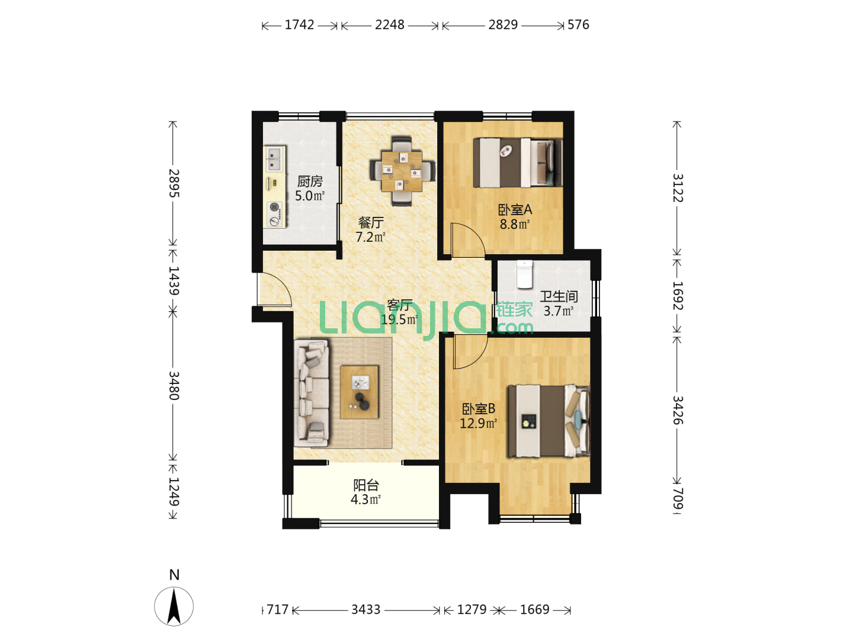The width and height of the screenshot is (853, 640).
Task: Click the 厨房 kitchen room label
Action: click(310, 181)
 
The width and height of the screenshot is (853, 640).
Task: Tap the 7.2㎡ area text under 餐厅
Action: click(370, 236)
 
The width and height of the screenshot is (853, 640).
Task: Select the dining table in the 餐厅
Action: click(402, 171)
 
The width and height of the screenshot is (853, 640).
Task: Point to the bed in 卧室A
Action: click(517, 162)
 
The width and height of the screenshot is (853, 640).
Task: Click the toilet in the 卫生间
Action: click(524, 274)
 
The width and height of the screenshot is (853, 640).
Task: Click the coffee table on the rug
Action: click(359, 392)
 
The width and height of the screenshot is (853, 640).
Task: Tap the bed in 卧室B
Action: click(549, 421)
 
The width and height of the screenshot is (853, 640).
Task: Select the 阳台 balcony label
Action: click(365, 485)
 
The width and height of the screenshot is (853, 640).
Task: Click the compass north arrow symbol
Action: click(174, 606)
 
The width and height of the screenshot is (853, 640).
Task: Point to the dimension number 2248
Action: click(389, 25)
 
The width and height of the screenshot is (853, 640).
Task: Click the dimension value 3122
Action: click(677, 188)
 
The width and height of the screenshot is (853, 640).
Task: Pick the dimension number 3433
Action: click(365, 609)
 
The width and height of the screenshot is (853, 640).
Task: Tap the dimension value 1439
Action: click(174, 280)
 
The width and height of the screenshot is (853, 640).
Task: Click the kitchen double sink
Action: click(274, 159)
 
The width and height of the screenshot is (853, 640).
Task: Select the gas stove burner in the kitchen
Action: click(275, 214)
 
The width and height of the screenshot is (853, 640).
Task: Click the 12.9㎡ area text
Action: click(479, 423)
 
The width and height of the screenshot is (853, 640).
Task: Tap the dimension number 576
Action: click(578, 25)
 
